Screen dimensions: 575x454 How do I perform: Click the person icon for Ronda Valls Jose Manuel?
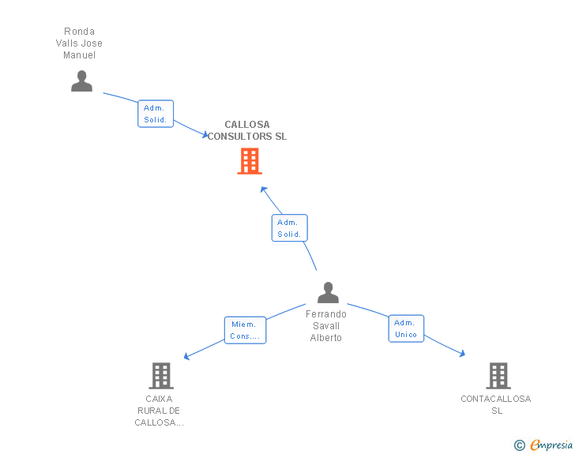point(81,81)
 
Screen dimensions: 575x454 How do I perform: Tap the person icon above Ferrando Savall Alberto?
point(328,292)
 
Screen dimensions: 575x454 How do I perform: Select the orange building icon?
point(250,160)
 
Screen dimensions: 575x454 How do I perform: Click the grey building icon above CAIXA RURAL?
point(161,376)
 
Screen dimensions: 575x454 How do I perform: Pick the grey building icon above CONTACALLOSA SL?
point(498,376)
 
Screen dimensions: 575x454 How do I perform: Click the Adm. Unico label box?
point(406,328)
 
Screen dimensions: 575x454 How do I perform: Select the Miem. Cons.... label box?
point(245,330)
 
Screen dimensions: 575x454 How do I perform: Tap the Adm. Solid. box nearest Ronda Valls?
point(156,114)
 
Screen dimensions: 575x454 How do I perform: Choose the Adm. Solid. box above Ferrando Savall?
point(289,228)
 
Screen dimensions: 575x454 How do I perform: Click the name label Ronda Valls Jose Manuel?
point(79,43)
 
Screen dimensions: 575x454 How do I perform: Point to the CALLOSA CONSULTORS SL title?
point(247,130)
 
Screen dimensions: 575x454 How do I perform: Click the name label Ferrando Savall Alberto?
point(326,325)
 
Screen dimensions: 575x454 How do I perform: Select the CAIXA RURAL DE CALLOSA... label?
point(160,411)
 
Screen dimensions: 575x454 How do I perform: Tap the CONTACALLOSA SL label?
point(496,404)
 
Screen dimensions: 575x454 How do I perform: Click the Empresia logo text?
point(551,445)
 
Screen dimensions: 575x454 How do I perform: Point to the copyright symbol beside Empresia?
point(519,445)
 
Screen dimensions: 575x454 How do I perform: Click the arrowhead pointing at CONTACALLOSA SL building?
point(462,354)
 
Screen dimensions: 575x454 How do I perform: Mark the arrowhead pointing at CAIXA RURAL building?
point(186,356)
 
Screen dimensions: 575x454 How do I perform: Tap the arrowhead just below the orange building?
point(263,189)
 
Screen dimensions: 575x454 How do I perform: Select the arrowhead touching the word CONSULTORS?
point(205,134)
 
